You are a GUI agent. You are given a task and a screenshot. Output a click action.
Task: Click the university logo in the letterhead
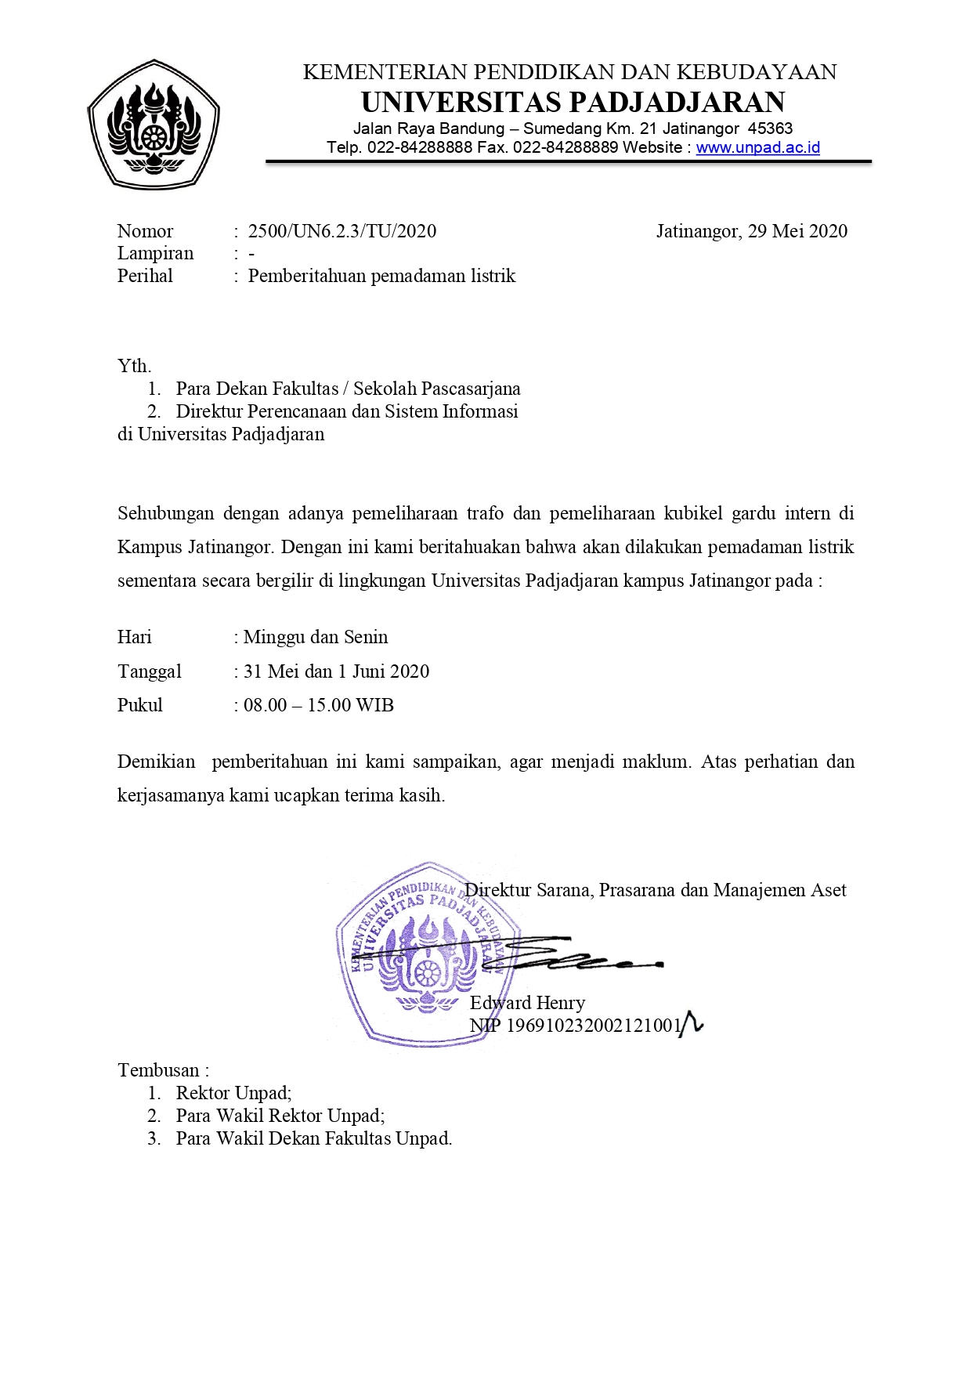click(154, 125)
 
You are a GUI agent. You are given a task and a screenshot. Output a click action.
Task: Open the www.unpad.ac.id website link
click(757, 147)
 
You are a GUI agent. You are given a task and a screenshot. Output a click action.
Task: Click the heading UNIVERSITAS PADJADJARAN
click(573, 103)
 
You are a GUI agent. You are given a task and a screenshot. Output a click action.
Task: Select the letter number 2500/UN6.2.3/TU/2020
click(342, 231)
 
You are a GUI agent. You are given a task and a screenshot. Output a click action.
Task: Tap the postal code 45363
click(770, 128)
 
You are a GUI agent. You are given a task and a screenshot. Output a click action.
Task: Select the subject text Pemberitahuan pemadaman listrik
click(381, 276)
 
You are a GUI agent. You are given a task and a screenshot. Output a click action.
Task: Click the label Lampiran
click(155, 253)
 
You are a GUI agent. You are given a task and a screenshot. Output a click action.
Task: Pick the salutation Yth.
click(134, 366)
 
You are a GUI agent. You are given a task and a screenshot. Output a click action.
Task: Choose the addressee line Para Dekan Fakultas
click(257, 389)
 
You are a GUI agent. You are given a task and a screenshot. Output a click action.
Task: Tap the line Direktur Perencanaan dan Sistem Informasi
click(347, 411)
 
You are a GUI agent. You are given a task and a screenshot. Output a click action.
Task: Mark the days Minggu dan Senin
click(316, 637)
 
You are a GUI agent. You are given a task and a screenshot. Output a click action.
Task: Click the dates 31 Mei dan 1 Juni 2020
click(336, 671)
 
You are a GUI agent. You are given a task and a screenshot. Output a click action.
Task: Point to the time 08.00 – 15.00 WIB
click(318, 705)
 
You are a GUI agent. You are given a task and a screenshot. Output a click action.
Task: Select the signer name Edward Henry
click(527, 1003)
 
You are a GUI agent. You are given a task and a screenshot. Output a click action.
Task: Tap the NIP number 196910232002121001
click(594, 1026)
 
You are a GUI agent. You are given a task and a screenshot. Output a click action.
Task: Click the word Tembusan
click(159, 1070)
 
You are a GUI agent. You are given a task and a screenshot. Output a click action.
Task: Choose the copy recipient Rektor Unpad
click(233, 1093)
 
